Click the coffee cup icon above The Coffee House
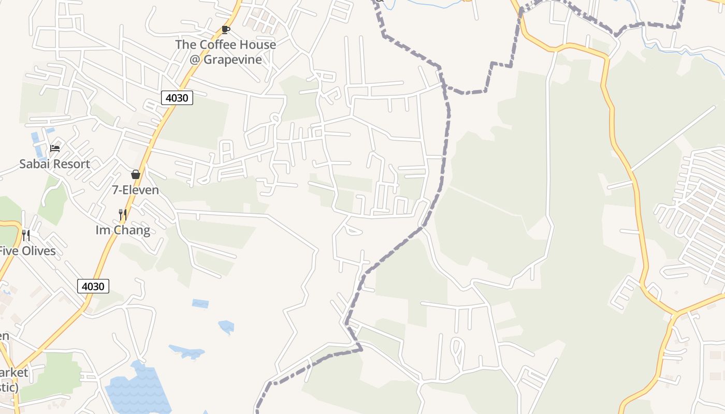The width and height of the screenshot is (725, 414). pyautogui.click(x=225, y=29)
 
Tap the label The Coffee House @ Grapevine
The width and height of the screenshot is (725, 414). pyautogui.click(x=225, y=52)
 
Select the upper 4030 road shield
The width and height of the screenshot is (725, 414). pyautogui.click(x=177, y=97)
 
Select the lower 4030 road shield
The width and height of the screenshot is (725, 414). pyautogui.click(x=93, y=286)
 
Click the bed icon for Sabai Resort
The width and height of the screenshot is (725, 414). pyautogui.click(x=55, y=149)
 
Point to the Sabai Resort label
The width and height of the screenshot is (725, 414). pyautogui.click(x=54, y=164)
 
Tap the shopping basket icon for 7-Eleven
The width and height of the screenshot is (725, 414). pyautogui.click(x=136, y=174)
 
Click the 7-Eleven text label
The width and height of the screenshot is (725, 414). pyautogui.click(x=136, y=190)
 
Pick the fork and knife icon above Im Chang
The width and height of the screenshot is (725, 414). pyautogui.click(x=123, y=214)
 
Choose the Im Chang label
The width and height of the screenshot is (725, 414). pyautogui.click(x=123, y=230)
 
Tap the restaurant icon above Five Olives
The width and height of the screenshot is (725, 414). pyautogui.click(x=26, y=235)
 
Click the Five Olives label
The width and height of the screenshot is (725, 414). pyautogui.click(x=27, y=252)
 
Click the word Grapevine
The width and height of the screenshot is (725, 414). pyautogui.click(x=233, y=60)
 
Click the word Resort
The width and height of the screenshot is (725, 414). pyautogui.click(x=70, y=164)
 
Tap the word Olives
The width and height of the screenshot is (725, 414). pyautogui.click(x=38, y=252)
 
